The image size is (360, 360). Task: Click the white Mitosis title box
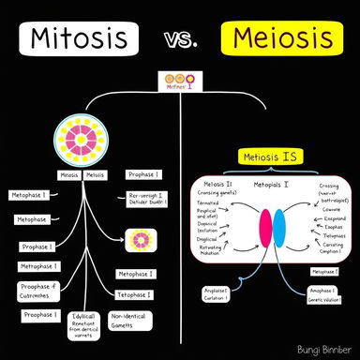tap(79, 38)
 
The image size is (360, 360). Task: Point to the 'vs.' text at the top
tap(179, 41)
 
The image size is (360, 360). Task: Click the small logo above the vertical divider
tap(179, 82)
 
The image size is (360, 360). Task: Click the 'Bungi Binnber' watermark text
tap(318, 348)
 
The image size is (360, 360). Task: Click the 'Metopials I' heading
tap(271, 186)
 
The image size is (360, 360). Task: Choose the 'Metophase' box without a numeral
tap(32, 218)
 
